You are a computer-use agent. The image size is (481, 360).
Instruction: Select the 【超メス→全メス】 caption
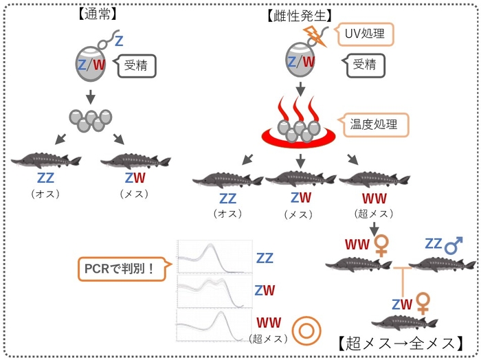click(401, 341)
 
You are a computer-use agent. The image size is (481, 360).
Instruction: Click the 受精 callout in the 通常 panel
click(140, 67)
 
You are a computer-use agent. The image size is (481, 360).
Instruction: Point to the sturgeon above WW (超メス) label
click(370, 181)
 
